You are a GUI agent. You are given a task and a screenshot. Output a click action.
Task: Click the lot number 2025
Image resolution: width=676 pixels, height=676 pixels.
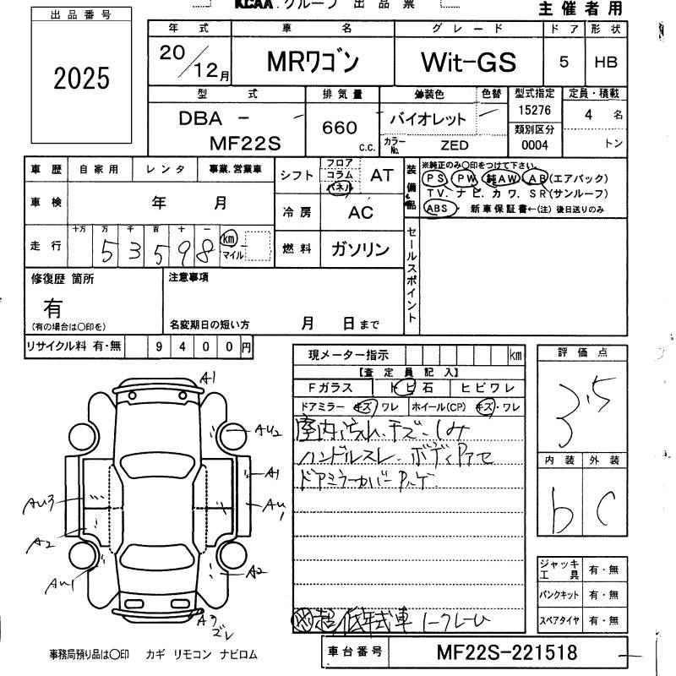[x=81, y=79]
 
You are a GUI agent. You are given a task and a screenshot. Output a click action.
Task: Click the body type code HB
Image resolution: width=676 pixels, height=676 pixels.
[x=605, y=62]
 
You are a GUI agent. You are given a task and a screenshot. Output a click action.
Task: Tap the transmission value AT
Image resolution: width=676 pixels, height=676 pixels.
[x=382, y=175]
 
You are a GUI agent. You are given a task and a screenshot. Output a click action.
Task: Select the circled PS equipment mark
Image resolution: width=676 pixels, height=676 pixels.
[x=435, y=179]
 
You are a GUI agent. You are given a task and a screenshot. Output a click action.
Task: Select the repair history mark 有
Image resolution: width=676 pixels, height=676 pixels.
[x=52, y=306]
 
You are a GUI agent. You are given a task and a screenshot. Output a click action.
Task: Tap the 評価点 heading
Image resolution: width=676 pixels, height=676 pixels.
[x=582, y=352]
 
